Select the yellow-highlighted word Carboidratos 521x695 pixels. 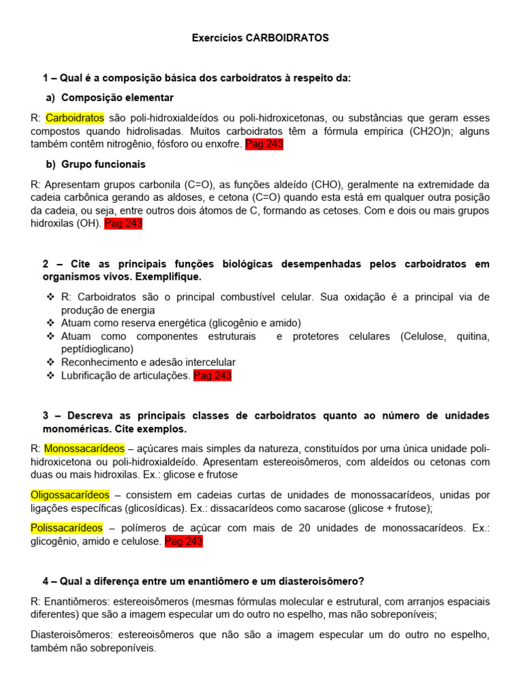coord(75,117)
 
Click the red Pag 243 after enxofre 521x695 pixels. coord(264,144)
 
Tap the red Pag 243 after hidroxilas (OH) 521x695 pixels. coord(123,223)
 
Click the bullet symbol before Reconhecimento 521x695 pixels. coord(50,362)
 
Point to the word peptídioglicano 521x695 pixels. coord(92,350)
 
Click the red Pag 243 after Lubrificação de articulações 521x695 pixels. coord(212,375)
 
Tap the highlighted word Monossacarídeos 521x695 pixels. coord(84,449)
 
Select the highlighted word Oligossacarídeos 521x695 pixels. coord(69,495)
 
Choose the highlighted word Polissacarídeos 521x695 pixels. coord(66,528)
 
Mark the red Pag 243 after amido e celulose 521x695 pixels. coord(184,541)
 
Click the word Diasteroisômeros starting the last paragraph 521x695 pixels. coord(72,635)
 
